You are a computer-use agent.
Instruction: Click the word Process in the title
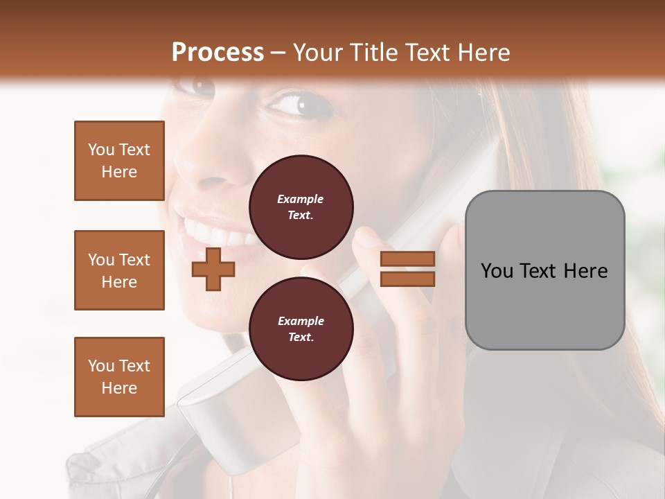point(218,53)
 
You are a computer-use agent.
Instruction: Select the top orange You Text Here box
point(119,161)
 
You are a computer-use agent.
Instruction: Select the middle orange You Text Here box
point(119,270)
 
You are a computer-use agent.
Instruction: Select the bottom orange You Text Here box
point(119,376)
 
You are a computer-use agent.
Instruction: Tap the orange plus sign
point(213,270)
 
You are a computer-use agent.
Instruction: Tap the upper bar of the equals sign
point(407,259)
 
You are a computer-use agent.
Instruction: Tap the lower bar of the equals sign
point(407,279)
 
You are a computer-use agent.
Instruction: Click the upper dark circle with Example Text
point(301,207)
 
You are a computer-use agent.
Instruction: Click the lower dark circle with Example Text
point(301,329)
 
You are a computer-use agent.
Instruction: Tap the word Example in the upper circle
point(301,199)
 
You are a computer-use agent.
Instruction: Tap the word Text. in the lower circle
point(301,337)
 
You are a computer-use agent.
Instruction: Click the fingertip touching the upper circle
point(366,239)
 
